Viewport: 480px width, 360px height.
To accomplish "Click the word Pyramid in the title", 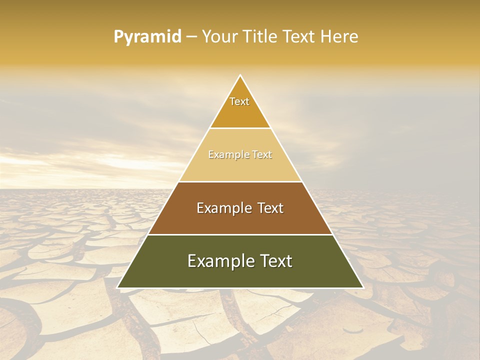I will pos(147,37).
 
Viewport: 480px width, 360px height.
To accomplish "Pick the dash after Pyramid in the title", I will pos(191,37).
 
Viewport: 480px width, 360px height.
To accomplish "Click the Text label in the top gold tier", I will pos(239,101).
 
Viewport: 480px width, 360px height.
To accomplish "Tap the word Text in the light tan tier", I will pos(262,155).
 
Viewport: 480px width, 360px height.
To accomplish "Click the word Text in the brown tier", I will pos(271,208).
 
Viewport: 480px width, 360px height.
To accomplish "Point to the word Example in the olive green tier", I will pos(220,261).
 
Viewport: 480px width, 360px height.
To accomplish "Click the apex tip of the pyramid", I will pos(240,76).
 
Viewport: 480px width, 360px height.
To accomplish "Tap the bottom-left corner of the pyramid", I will pos(118,287).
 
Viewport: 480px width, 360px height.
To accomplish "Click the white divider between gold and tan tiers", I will pos(240,128).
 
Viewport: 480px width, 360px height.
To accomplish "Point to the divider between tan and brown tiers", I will pos(240,181).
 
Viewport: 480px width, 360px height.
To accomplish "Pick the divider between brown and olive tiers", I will pos(240,234).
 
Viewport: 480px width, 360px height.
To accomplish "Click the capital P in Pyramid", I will pos(118,37).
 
